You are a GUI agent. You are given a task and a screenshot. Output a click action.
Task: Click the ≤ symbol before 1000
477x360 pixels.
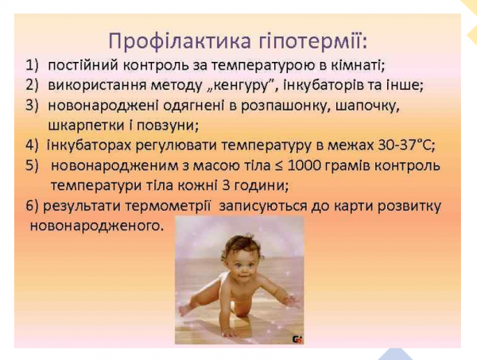click(x=269, y=166)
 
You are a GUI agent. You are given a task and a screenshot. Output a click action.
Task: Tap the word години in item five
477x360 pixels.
click(x=249, y=186)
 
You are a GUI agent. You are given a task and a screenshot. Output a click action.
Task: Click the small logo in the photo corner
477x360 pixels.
click(x=297, y=338)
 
